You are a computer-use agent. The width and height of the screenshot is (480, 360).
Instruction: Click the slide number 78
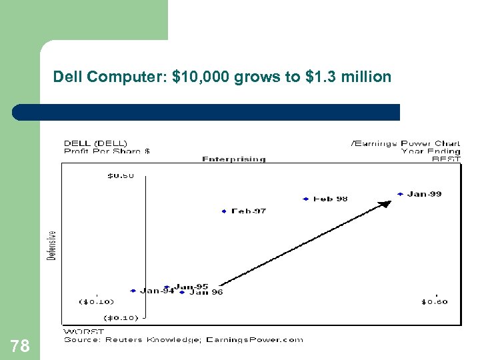[x=20, y=345]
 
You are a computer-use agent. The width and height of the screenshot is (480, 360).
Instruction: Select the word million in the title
[x=366, y=77]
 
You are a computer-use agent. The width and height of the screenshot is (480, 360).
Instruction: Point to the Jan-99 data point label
[x=424, y=194]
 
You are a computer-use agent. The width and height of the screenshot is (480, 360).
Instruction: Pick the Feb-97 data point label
[x=248, y=211]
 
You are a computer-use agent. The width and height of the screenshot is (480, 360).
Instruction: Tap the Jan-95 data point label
[x=191, y=287]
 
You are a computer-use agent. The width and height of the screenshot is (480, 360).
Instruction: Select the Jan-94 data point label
[x=157, y=291]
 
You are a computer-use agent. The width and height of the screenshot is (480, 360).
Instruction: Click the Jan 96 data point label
[x=206, y=292]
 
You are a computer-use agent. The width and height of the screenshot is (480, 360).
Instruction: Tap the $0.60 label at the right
[x=434, y=302]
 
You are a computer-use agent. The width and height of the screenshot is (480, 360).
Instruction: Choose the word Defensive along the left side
[x=52, y=245]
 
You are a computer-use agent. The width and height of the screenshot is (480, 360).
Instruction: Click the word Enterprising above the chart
[x=233, y=159]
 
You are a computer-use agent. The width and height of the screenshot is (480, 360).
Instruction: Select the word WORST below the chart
[x=83, y=331]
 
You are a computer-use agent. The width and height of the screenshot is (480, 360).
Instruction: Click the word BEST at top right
[x=445, y=159]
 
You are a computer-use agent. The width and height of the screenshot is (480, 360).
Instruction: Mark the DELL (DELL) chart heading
[x=95, y=143]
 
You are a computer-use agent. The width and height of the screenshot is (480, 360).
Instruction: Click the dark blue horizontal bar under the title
[x=220, y=112]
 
